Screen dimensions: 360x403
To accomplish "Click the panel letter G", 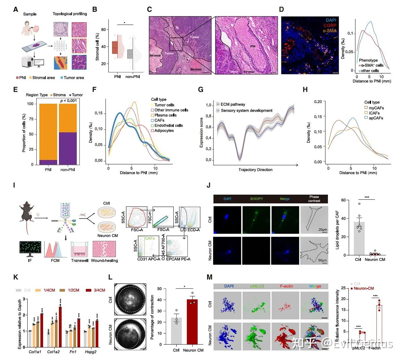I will [201, 89].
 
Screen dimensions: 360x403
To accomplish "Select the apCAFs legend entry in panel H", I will [375, 118].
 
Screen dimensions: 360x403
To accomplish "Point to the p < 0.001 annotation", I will [68, 101].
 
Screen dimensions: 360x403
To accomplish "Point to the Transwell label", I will [79, 260].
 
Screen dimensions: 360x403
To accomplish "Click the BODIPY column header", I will [257, 199].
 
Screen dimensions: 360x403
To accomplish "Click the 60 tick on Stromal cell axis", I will [103, 30].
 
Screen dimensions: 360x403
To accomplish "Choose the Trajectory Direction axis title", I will [255, 170].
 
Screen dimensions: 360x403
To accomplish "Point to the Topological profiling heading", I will [70, 14].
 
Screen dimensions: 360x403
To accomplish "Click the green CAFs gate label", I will [150, 238].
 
